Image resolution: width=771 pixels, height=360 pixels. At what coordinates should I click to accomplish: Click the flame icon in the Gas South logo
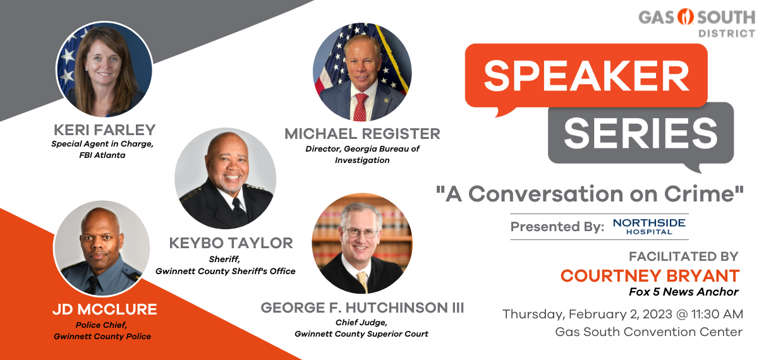pos(685,17)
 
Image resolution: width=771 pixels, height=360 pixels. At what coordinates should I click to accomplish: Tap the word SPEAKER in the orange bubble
pos(586,76)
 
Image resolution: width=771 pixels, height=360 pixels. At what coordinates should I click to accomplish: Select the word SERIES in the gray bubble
pos(640,133)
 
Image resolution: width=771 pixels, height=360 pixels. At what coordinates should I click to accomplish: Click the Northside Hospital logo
pos(649,227)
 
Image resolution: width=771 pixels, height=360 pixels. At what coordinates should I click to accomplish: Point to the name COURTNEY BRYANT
pos(650,276)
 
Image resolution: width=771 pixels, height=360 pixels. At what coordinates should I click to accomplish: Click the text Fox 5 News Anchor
pos(684,292)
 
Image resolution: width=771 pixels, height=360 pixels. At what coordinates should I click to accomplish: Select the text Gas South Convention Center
pos(649,332)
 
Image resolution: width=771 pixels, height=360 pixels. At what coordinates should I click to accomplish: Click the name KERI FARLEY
pos(105,130)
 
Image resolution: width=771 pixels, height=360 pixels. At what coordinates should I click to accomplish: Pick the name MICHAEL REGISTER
pos(362,134)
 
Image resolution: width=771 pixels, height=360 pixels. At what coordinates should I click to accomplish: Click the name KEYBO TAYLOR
pos(231,243)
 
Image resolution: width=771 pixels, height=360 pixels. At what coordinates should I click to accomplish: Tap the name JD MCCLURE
pos(105,309)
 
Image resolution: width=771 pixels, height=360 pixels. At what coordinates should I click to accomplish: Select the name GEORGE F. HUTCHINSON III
pos(362,308)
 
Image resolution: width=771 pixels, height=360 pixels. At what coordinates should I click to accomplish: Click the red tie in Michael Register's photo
pos(361,107)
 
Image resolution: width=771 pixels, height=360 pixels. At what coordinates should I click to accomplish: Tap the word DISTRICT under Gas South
pos(727,33)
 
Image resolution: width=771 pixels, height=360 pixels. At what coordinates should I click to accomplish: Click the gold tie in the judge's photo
pos(363,281)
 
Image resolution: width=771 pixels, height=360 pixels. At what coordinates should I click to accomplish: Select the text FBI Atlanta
pos(102,155)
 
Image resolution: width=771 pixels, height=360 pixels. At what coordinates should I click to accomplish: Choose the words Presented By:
pos(557,227)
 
